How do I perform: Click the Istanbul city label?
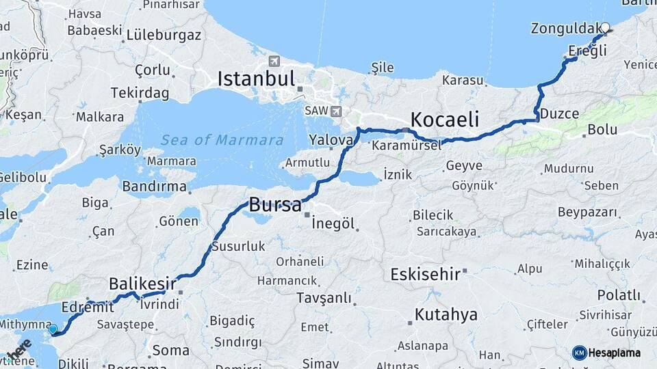click(x=256, y=79)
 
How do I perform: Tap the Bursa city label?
click(x=274, y=204)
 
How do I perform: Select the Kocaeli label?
click(x=444, y=118)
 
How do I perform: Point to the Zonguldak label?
click(x=564, y=29)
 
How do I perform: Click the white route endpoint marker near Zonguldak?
click(x=605, y=28)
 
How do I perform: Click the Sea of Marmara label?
click(x=222, y=140)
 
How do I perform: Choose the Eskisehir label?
click(x=424, y=274)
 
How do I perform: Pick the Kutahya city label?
click(x=446, y=315)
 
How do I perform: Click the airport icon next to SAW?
click(x=335, y=111)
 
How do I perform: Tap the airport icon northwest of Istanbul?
click(x=274, y=60)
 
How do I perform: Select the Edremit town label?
click(x=88, y=307)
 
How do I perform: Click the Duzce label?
click(x=559, y=113)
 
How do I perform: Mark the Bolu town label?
click(x=602, y=129)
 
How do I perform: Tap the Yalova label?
click(x=331, y=139)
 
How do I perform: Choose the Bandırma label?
click(x=154, y=186)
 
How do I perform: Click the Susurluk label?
click(x=238, y=246)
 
